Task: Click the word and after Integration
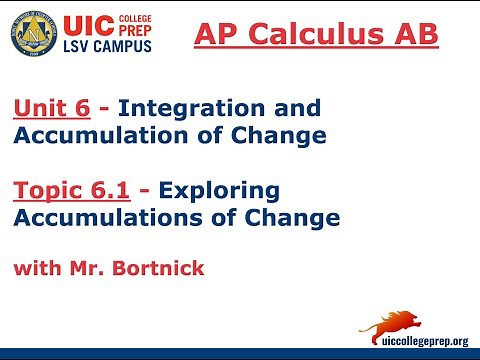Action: [x=296, y=108]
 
